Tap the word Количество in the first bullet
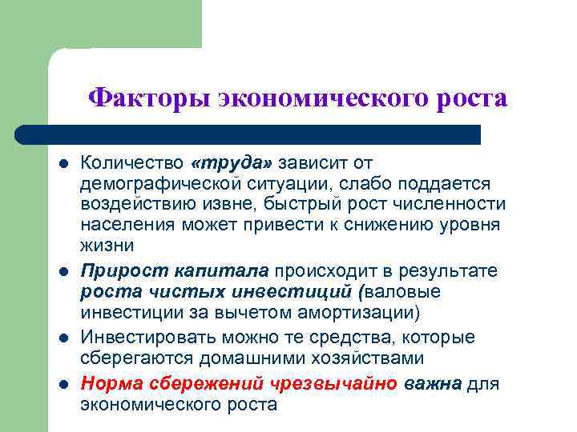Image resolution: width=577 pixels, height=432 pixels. tap(131, 162)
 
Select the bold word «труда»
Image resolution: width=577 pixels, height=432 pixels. tap(232, 162)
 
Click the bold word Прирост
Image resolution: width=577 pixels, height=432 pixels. tap(117, 270)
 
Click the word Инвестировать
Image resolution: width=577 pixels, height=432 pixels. tap(143, 337)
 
